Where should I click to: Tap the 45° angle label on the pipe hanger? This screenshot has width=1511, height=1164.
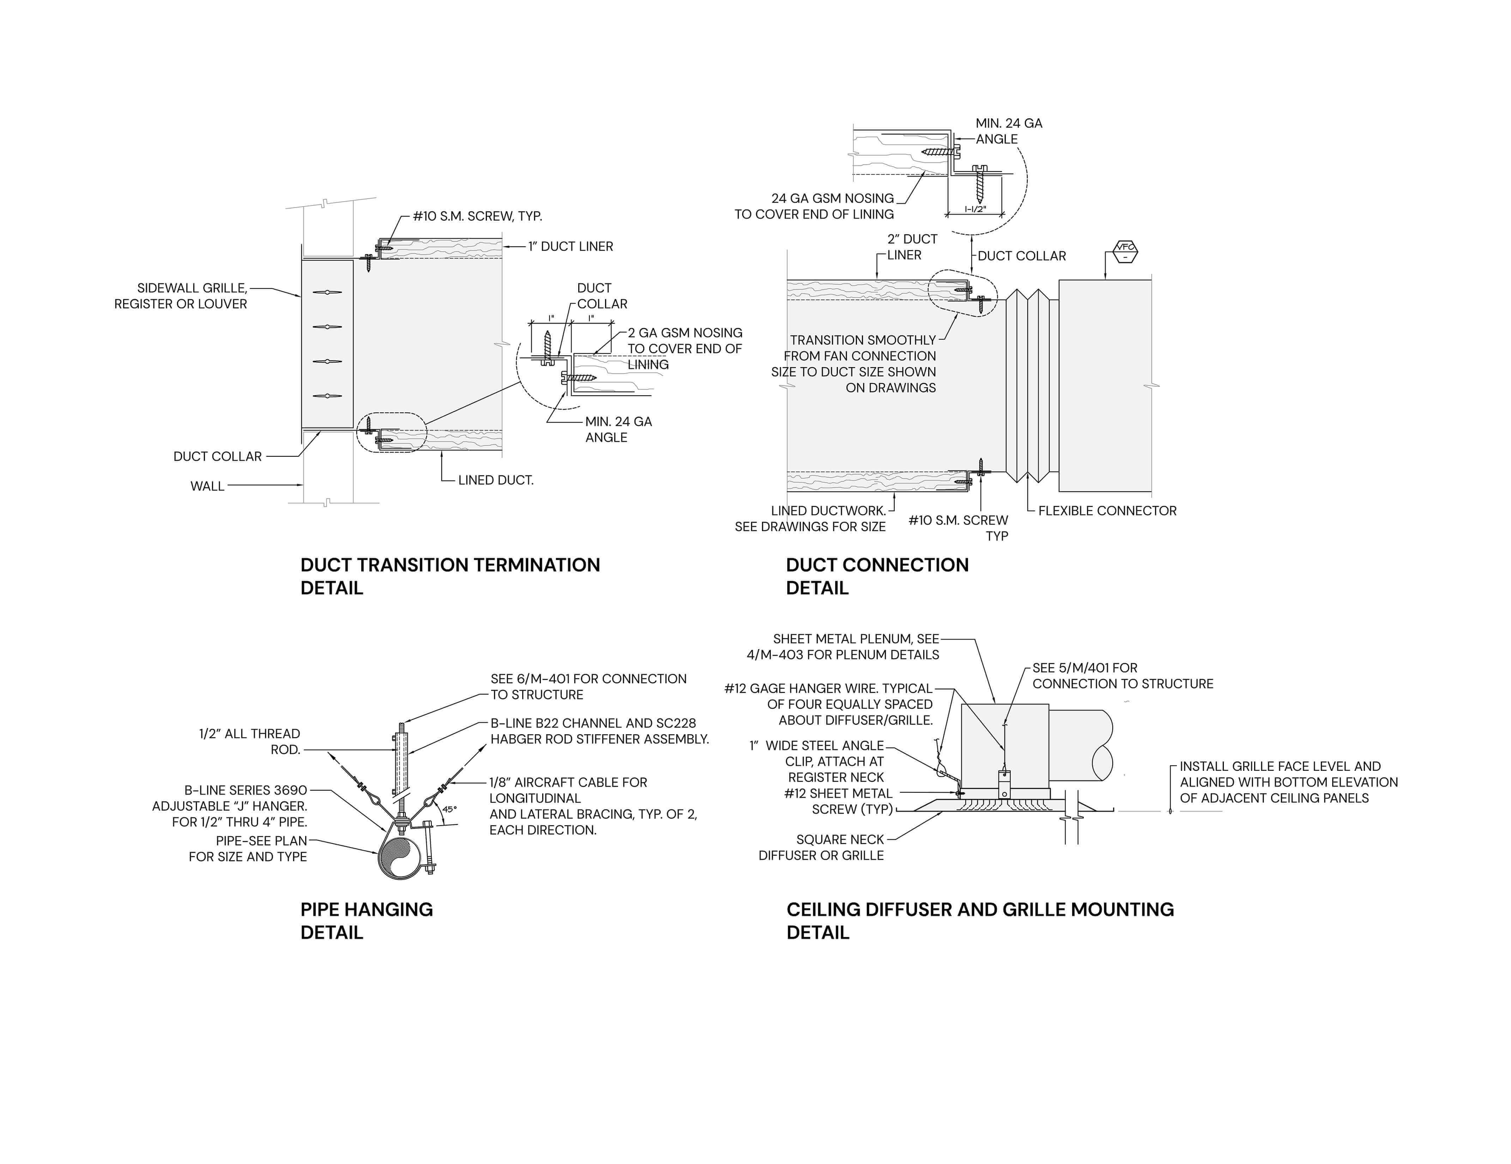coord(450,808)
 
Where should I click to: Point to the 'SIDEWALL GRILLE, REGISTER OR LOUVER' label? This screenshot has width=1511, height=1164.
coord(181,295)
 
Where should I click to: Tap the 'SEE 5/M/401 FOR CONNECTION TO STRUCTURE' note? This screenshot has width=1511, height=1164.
coord(1122,676)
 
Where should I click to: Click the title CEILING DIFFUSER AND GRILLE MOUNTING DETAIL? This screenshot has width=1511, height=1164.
coord(980,920)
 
